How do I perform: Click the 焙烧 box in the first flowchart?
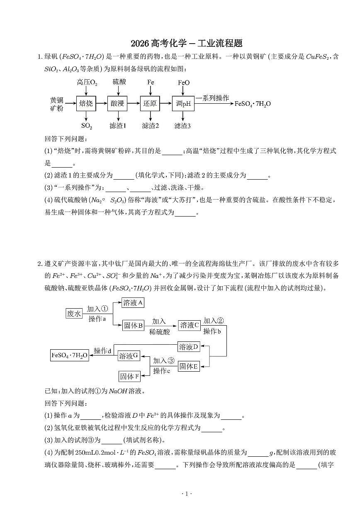click(x=86, y=104)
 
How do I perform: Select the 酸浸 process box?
click(x=118, y=104)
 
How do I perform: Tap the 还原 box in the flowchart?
click(x=150, y=104)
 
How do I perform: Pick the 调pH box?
click(x=183, y=104)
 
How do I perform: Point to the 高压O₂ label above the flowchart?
click(x=87, y=83)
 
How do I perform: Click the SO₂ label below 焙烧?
click(x=86, y=126)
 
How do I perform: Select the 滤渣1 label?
click(x=118, y=126)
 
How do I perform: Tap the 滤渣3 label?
click(x=182, y=126)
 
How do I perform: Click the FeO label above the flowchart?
click(x=184, y=83)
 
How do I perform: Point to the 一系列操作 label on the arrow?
click(x=215, y=98)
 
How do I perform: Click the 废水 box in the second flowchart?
click(x=74, y=314)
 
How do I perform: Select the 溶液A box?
click(x=133, y=303)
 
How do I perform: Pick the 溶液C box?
click(x=190, y=325)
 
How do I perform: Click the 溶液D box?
click(x=189, y=346)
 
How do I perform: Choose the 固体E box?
click(x=189, y=366)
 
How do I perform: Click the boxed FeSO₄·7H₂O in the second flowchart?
click(x=69, y=356)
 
